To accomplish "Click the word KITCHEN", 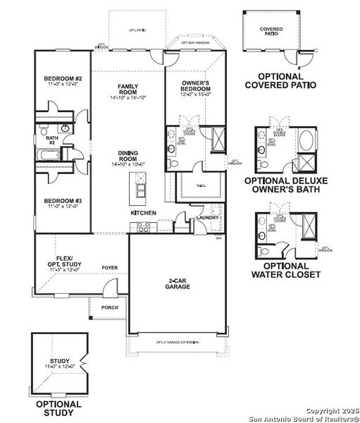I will click(x=144, y=212).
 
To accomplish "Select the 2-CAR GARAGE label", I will click(x=175, y=283).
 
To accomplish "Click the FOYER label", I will click(x=109, y=268).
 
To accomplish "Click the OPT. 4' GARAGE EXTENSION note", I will click(x=178, y=343).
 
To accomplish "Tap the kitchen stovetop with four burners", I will click(x=143, y=226).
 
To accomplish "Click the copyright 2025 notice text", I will click(x=330, y=410).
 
